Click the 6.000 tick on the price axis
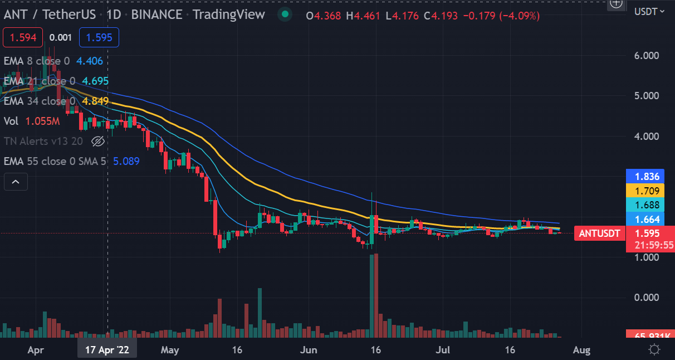647,55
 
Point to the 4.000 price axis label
647,136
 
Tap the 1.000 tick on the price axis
647,257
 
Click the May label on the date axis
170,350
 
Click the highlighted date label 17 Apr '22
107,350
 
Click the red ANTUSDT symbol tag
599,233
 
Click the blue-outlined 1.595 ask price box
99,38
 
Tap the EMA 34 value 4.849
95,101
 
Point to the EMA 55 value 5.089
126,161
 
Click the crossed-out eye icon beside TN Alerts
97,141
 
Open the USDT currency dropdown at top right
649,11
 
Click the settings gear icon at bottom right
654,350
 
